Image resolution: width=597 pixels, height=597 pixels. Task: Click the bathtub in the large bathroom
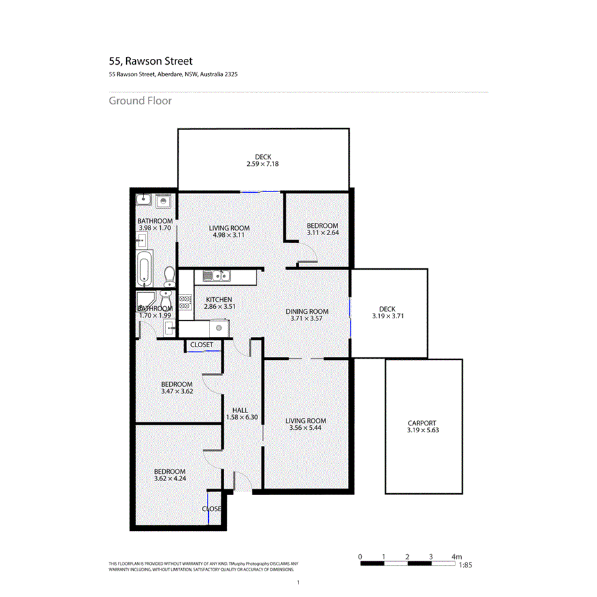[x=145, y=270]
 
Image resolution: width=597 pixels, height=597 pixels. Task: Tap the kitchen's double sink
[x=217, y=276]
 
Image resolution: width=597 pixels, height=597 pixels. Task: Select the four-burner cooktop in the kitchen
[x=184, y=302]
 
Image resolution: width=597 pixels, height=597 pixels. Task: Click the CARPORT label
[x=421, y=423]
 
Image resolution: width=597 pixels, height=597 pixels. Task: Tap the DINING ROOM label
[x=306, y=311]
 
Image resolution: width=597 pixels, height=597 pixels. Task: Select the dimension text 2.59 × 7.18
[x=263, y=164]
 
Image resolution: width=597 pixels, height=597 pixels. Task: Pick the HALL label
[x=241, y=411]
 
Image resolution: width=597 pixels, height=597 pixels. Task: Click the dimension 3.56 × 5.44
[x=306, y=429]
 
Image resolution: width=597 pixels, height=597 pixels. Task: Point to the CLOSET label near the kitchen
[x=202, y=345]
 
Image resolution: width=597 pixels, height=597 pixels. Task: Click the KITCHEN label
[x=218, y=300]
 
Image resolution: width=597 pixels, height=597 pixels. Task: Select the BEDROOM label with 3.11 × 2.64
[x=322, y=225]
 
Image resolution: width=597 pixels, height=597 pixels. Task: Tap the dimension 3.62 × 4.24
[x=170, y=478]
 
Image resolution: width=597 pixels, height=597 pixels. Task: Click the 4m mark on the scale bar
[x=456, y=557]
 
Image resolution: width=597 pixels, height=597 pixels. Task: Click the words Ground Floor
[x=140, y=101]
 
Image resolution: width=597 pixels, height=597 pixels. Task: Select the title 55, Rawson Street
[x=151, y=61]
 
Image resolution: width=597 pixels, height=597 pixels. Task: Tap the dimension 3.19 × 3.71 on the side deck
[x=388, y=316]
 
